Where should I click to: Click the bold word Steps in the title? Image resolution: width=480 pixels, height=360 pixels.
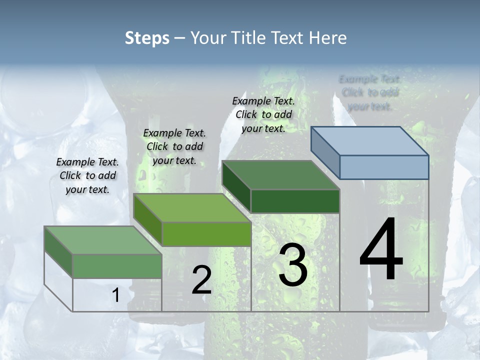147,38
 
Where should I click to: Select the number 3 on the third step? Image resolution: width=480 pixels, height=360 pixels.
293,265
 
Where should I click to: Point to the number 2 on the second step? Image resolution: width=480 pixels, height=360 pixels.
202,280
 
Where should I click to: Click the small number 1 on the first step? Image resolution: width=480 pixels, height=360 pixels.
116,295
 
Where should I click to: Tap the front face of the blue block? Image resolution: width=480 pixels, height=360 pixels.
384,167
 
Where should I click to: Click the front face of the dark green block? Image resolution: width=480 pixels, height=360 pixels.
295,201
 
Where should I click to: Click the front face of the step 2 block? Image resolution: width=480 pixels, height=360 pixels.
206,234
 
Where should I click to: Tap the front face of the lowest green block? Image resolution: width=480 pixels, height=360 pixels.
117,266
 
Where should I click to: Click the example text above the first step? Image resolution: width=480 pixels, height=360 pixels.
87,176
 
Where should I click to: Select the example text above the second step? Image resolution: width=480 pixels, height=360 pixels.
174,147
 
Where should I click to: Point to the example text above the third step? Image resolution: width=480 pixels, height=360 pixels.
263,114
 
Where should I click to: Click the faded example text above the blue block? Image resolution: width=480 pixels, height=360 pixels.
370,92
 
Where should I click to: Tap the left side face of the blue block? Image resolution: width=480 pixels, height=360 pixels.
325,153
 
